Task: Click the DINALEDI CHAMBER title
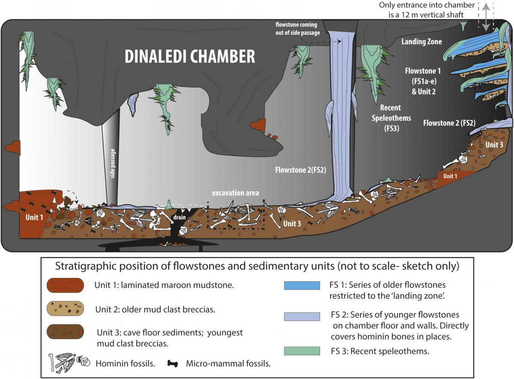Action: [189, 56]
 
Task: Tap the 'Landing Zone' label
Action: [421, 42]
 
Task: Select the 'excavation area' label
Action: [235, 193]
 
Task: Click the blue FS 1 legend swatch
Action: [302, 286]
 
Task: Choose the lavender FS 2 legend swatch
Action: [302, 316]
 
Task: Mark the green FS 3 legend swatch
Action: [302, 351]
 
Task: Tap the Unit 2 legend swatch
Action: [66, 309]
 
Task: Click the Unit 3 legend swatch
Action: [66, 332]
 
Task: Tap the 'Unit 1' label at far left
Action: [34, 217]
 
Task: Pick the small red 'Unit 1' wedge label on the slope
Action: [450, 176]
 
